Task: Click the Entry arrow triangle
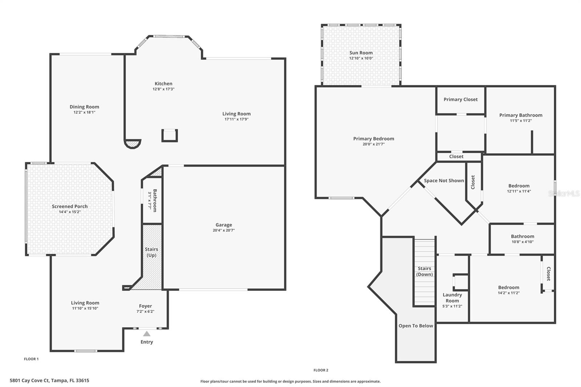pyautogui.click(x=147, y=334)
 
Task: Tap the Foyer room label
pyautogui.click(x=145, y=306)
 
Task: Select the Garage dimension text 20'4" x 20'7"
pyautogui.click(x=224, y=230)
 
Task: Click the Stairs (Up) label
pyautogui.click(x=151, y=252)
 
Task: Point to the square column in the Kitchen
pyautogui.click(x=170, y=135)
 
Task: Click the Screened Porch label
pyautogui.click(x=70, y=206)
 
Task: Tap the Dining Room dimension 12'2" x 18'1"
pyautogui.click(x=84, y=112)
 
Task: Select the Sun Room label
pyautogui.click(x=361, y=53)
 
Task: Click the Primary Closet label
pyautogui.click(x=460, y=99)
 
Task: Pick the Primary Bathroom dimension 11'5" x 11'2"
pyautogui.click(x=521, y=121)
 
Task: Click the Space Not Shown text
pyautogui.click(x=444, y=180)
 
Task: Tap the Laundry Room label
pyautogui.click(x=452, y=298)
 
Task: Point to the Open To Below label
pyautogui.click(x=416, y=326)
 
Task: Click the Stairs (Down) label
pyautogui.click(x=424, y=271)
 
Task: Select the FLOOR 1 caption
pyautogui.click(x=31, y=359)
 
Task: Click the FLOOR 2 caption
pyautogui.click(x=321, y=370)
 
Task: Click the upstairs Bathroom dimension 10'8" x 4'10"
pyautogui.click(x=523, y=242)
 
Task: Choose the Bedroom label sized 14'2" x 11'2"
pyautogui.click(x=508, y=287)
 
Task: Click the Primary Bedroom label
pyautogui.click(x=374, y=139)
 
